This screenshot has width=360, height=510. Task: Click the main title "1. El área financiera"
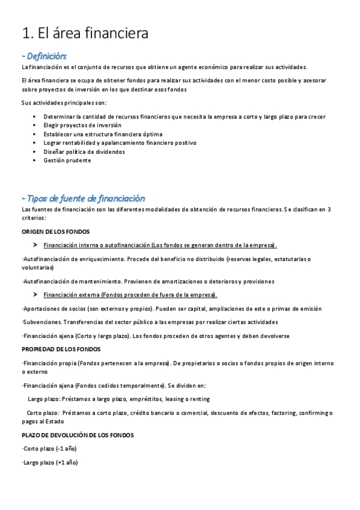click(85, 34)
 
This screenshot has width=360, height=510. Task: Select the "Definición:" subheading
click(44, 55)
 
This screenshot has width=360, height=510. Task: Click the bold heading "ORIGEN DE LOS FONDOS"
click(56, 232)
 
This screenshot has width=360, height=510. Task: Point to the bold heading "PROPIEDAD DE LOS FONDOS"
click(61, 349)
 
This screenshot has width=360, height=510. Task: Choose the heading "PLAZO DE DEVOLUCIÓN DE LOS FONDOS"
click(78, 435)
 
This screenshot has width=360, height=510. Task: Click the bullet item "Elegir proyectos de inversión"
click(82, 125)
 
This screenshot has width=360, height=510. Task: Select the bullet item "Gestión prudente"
click(67, 161)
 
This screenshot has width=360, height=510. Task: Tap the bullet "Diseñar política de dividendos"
click(84, 152)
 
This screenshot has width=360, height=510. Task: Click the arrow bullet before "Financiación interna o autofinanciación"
click(35, 245)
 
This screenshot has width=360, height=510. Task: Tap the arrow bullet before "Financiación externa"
click(35, 295)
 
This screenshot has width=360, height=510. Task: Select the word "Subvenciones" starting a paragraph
click(41, 322)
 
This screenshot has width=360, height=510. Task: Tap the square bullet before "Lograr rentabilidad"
click(34, 143)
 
